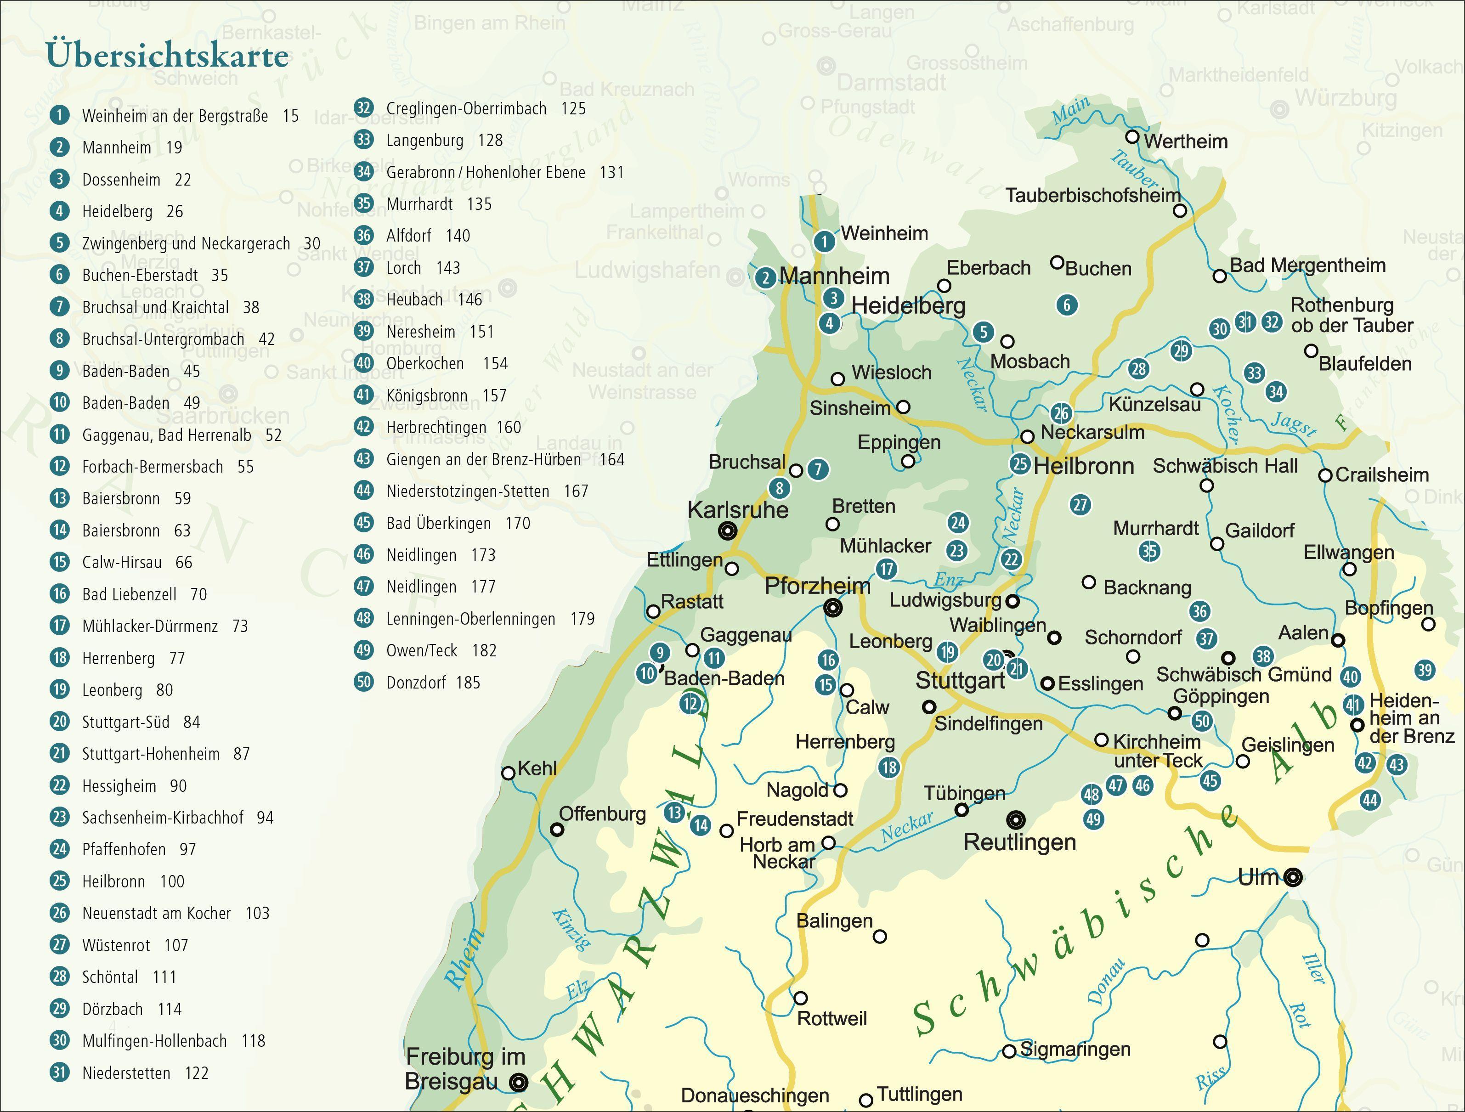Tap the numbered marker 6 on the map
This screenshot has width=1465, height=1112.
tap(1066, 305)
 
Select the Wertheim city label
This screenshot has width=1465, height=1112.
tap(1186, 142)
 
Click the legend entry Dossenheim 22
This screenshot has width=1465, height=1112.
tap(136, 180)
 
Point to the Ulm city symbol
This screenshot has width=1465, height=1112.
tap(1292, 878)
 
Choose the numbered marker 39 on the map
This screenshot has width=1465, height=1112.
tap(1425, 670)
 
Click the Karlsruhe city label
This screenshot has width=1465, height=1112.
tap(738, 510)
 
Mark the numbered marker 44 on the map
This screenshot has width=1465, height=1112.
tap(1369, 800)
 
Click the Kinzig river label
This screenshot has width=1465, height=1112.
tap(570, 930)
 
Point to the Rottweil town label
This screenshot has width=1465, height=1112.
tap(832, 1019)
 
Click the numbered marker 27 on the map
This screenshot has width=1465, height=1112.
tap(1080, 505)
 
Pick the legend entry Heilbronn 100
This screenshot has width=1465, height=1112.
tap(132, 881)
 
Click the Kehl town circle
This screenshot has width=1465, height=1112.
tap(508, 773)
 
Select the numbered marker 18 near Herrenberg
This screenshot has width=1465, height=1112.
tap(889, 768)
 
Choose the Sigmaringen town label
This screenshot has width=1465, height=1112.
tap(1075, 1049)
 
